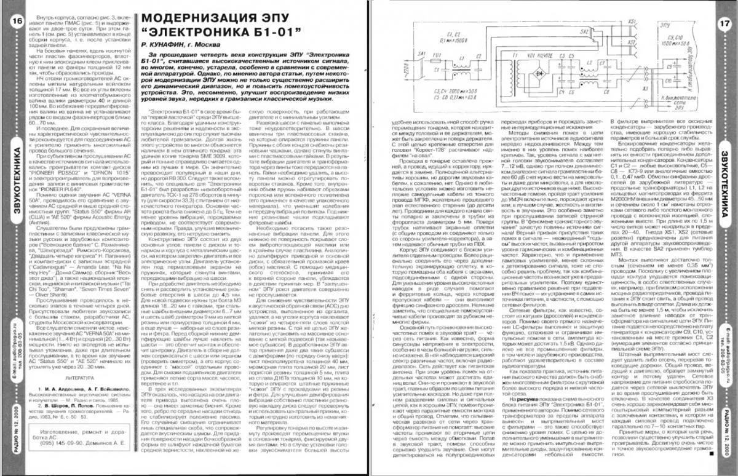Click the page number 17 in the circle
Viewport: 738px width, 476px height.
point(723,23)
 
